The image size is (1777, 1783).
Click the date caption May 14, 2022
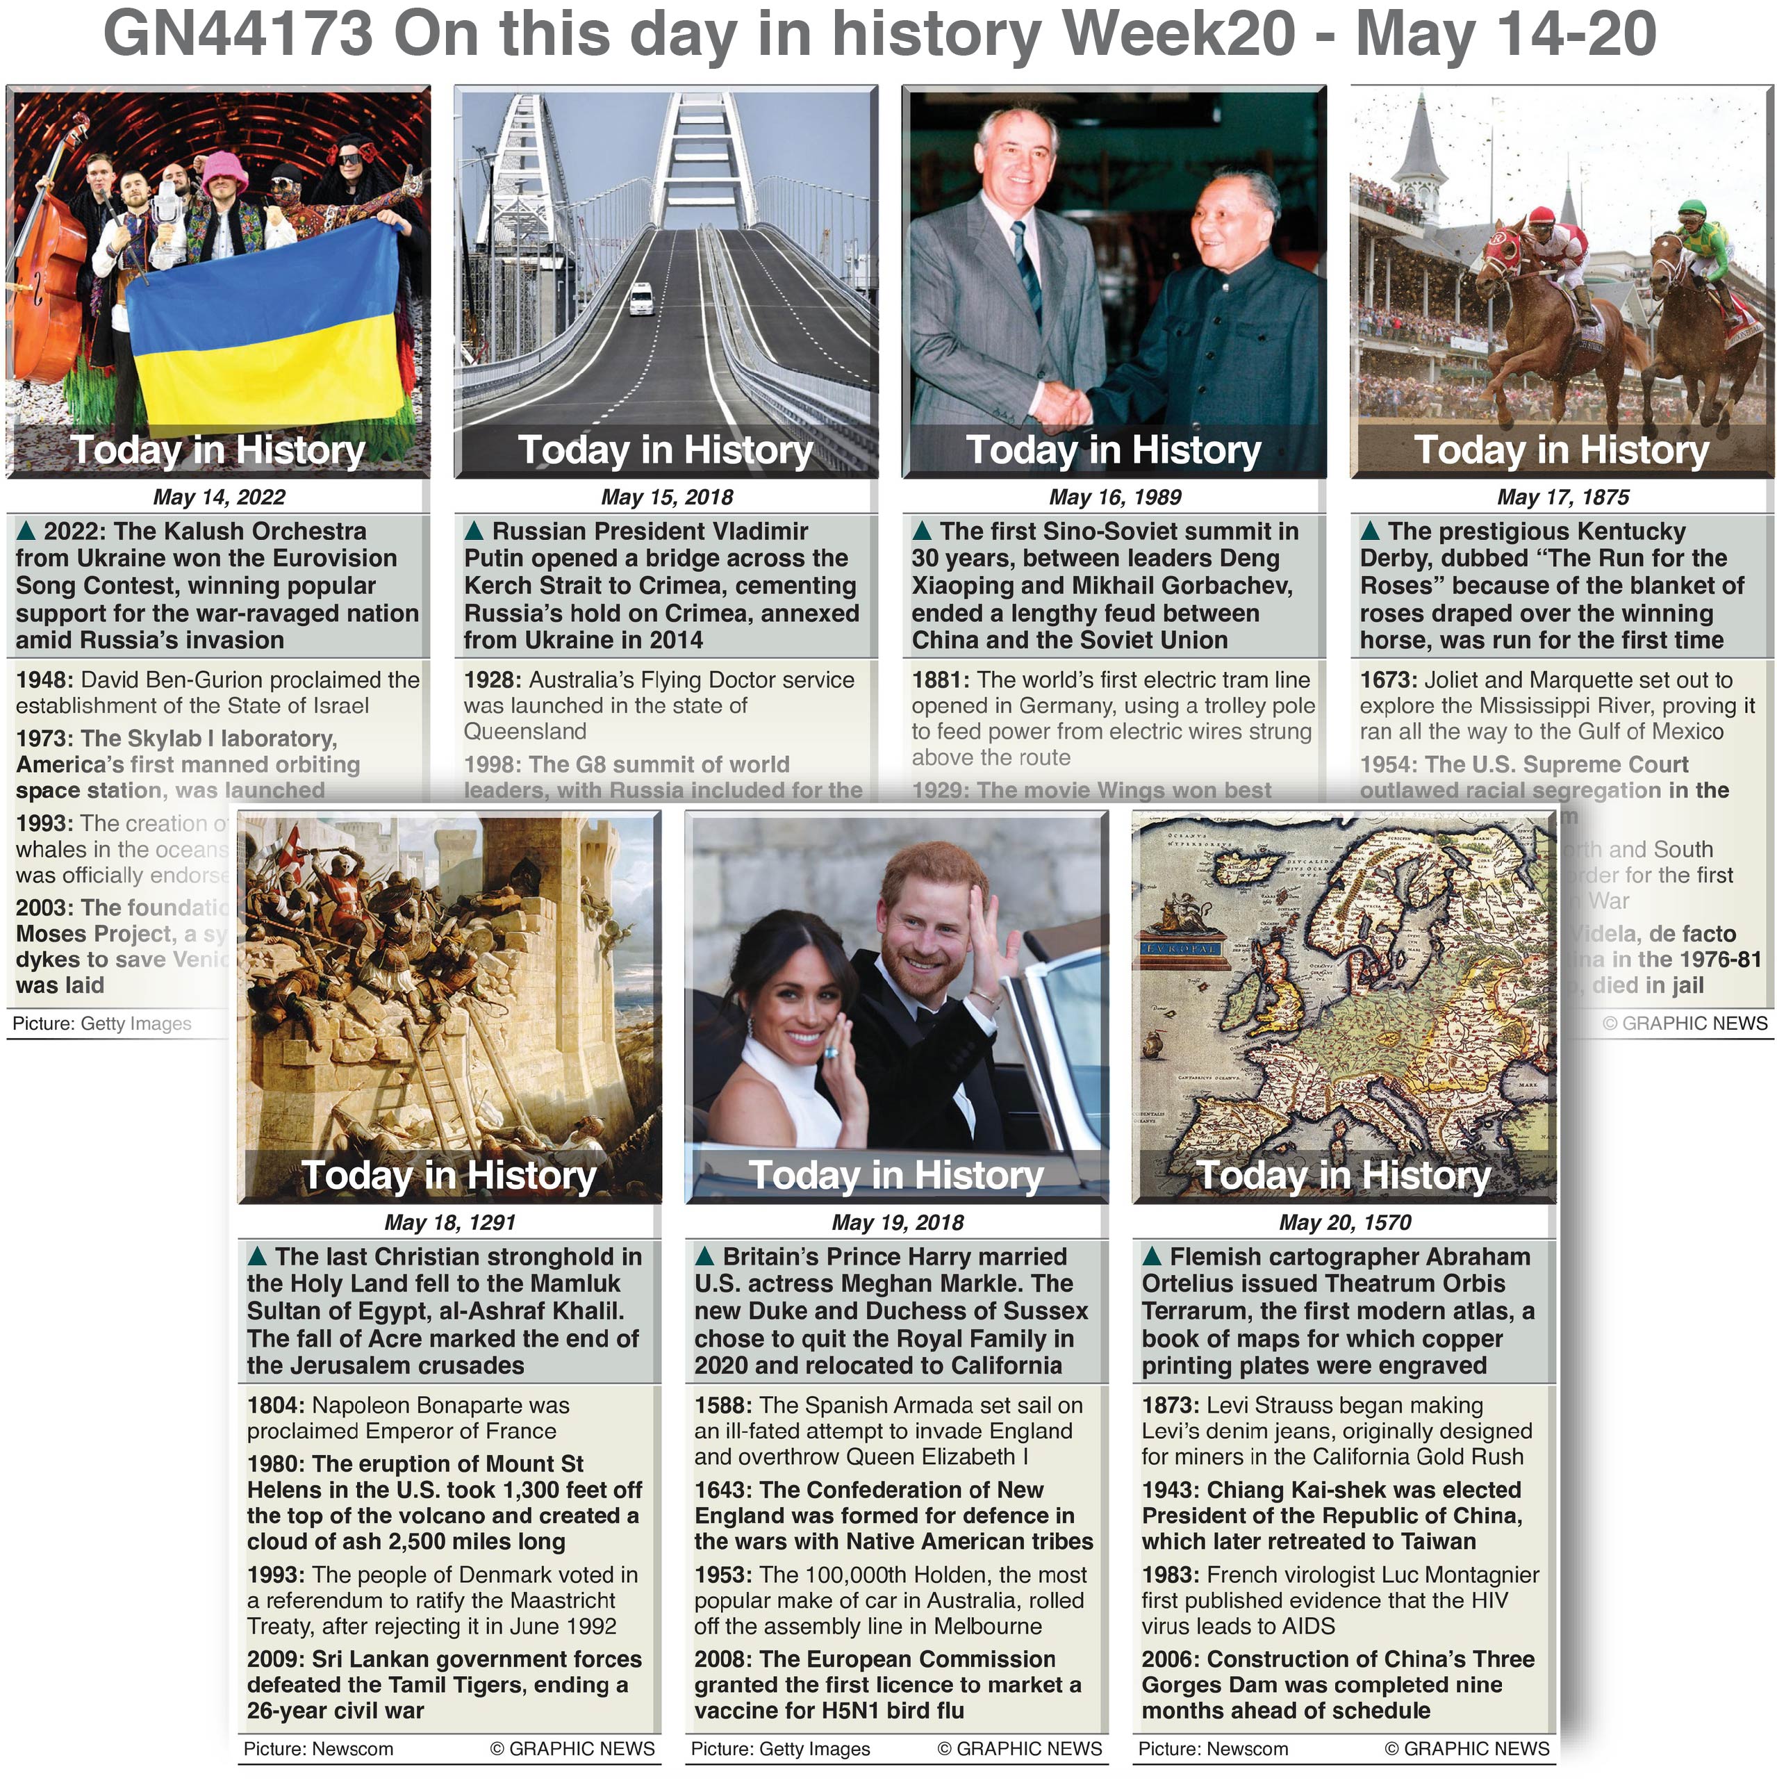pyautogui.click(x=219, y=498)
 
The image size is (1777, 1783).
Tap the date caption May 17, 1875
pyautogui.click(x=1562, y=498)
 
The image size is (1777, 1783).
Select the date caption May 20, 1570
pyautogui.click(x=1344, y=1223)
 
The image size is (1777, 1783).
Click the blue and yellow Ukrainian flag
pyautogui.click(x=267, y=323)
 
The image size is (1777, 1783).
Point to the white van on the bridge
pyautogui.click(x=641, y=299)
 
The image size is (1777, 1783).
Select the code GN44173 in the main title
pyautogui.click(x=238, y=35)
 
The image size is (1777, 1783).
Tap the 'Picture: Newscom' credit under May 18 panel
pyautogui.click(x=318, y=1749)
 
